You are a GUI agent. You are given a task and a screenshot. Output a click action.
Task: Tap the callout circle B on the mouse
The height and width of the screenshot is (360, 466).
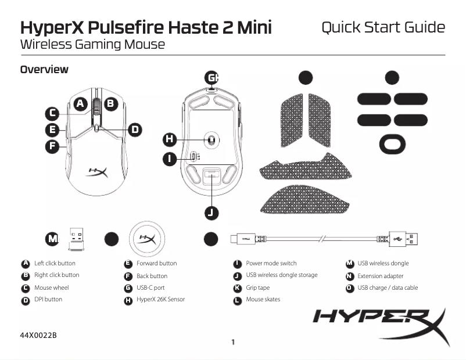tap(110, 103)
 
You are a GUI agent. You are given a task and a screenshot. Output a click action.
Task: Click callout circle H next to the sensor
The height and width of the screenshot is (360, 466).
tap(169, 139)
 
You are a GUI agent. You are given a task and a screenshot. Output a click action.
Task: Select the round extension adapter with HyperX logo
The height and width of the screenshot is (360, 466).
tap(146, 239)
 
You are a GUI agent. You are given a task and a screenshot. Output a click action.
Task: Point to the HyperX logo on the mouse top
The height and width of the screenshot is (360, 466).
tap(96, 171)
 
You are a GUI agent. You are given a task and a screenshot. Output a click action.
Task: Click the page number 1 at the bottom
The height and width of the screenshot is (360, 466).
tap(233, 342)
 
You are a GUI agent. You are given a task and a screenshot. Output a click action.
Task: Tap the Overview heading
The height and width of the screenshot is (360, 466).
tap(44, 70)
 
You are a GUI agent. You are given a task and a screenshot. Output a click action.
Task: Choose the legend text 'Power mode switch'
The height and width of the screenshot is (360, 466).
tap(271, 264)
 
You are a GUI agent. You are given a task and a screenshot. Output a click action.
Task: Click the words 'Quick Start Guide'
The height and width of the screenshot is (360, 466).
tap(383, 27)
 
